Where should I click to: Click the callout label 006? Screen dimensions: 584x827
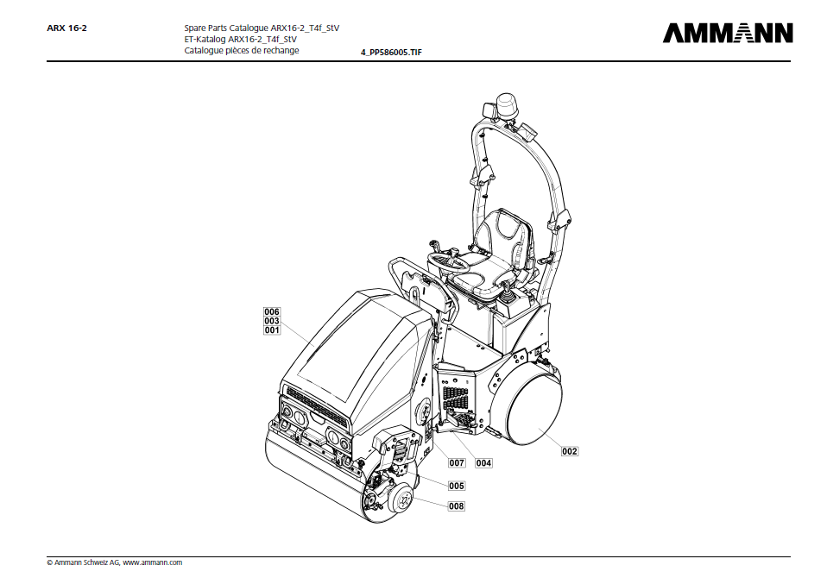point(272,311)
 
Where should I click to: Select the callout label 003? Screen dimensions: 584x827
point(272,321)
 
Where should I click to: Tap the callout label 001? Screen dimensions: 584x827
point(272,330)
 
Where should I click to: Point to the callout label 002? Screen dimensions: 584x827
point(569,451)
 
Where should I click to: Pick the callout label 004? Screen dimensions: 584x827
point(483,463)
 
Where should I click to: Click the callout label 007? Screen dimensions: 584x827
point(457,463)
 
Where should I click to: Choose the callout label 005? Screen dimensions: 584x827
point(457,486)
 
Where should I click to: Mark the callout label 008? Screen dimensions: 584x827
point(456,506)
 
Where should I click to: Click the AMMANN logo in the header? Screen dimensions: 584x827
point(727,33)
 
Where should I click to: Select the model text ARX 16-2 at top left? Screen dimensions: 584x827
point(66,28)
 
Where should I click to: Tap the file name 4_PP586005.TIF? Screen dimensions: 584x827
point(391,53)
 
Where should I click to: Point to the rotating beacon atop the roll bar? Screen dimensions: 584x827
point(507,106)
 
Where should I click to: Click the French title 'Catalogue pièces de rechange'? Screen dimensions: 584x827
point(242,50)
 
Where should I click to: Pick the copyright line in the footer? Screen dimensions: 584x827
point(115,562)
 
